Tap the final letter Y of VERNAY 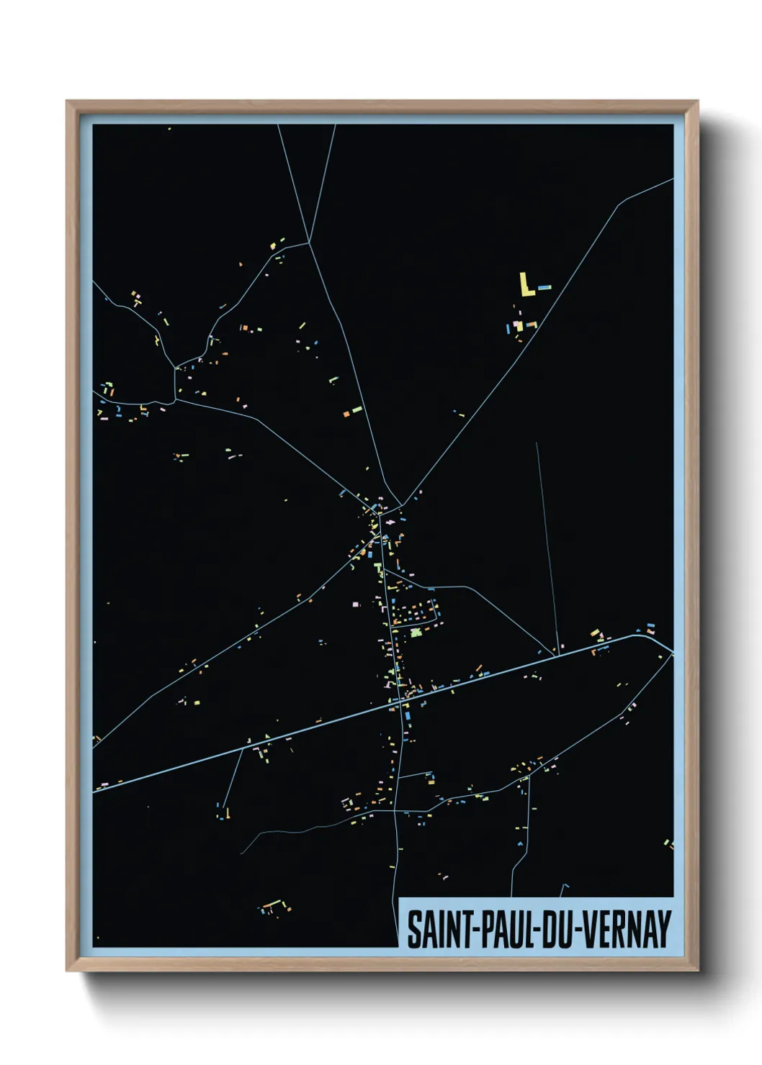[x=663, y=929]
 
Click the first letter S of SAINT [x=415, y=929]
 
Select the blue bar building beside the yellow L [x=544, y=288]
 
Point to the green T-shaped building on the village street [x=377, y=568]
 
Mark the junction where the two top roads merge [x=309, y=243]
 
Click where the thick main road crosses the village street [x=396, y=704]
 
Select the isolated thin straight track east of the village [x=547, y=547]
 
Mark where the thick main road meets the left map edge [x=94, y=789]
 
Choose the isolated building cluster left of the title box [x=275, y=907]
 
